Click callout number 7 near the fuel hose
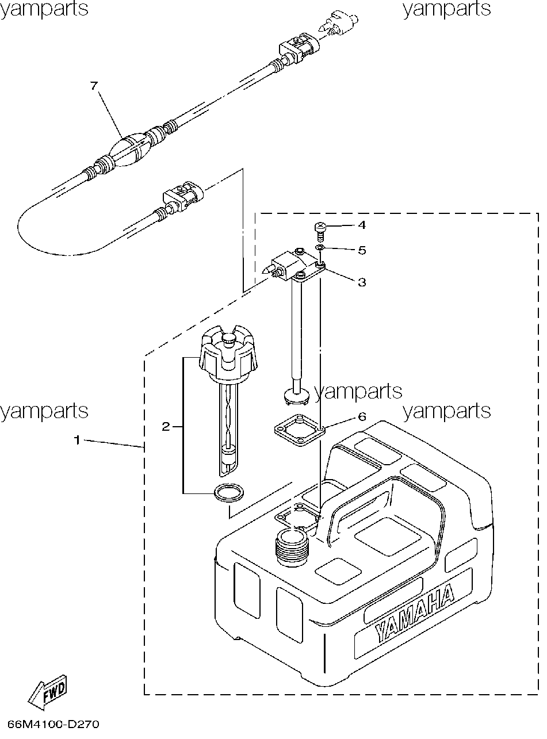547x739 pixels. click(x=94, y=86)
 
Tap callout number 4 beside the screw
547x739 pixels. click(x=362, y=225)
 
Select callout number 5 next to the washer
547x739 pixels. click(x=362, y=250)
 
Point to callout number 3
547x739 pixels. click(x=362, y=282)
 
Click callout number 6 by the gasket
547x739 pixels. click(x=362, y=416)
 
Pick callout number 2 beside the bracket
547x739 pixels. click(x=166, y=427)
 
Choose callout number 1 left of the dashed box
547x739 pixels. click(x=77, y=440)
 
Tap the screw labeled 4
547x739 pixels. click(x=320, y=231)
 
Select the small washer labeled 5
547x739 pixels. click(x=319, y=247)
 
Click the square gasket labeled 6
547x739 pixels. click(x=300, y=430)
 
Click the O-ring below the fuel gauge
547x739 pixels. click(x=229, y=492)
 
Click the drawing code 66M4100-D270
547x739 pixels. click(x=53, y=725)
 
